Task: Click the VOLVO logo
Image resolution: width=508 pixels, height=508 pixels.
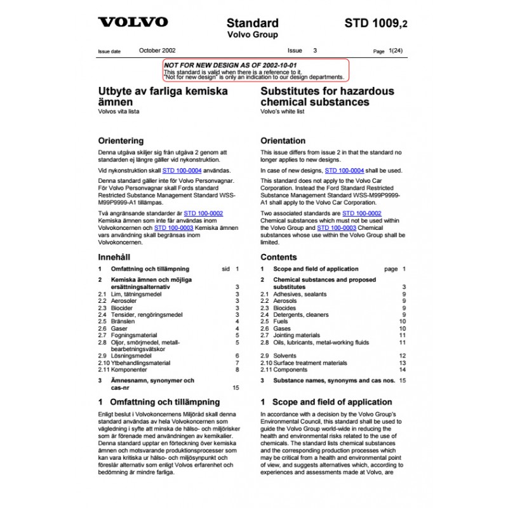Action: pos(133,22)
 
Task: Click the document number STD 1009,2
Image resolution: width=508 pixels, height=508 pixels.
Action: pos(377,23)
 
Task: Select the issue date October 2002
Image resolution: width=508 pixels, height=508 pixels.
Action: pos(157,50)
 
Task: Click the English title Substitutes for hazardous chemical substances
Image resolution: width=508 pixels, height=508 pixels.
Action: pos(327,96)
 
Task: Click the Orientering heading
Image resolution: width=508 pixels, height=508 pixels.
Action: pos(121,140)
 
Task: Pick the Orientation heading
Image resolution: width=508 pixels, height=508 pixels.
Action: pos(283,140)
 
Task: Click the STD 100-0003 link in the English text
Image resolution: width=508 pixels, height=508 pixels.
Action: pos(337,227)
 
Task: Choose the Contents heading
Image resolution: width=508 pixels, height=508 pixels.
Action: pos(279,257)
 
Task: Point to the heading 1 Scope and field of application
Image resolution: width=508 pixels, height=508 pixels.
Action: pos(326,402)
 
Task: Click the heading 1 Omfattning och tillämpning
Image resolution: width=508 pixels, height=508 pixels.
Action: pos(159,402)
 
